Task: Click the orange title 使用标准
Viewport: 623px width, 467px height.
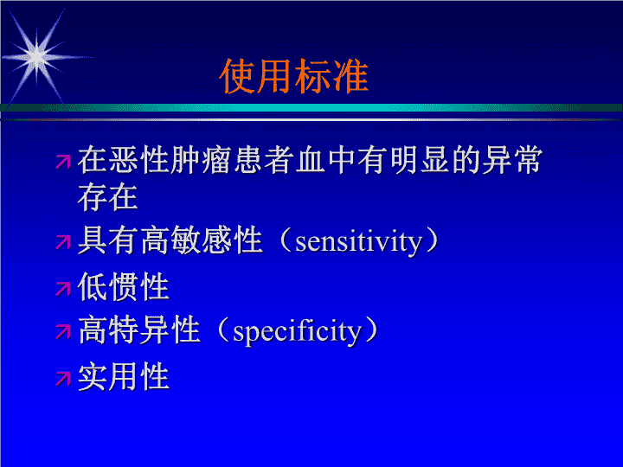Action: tap(293, 76)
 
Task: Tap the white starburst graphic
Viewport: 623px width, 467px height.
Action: tap(37, 58)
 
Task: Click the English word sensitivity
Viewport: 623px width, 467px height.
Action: tap(358, 241)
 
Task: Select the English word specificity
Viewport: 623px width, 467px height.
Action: tap(297, 331)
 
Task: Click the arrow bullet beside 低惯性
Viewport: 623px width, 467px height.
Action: tap(63, 289)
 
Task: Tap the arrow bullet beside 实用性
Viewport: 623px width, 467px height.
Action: tap(63, 379)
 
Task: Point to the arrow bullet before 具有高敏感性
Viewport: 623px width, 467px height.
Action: tap(63, 242)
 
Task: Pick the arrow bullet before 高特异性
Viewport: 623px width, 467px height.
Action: tap(63, 331)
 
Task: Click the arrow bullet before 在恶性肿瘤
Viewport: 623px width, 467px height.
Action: tap(63, 162)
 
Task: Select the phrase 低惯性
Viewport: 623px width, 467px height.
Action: tap(124, 287)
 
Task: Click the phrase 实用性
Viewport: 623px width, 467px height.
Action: tap(124, 376)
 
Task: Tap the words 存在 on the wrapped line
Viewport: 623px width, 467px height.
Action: tap(107, 197)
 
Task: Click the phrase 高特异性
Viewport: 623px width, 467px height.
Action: tap(138, 329)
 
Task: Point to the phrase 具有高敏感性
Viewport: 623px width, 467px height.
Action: tap(170, 240)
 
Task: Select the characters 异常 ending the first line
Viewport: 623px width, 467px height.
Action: tap(512, 160)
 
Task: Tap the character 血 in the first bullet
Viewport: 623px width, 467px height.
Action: tap(310, 160)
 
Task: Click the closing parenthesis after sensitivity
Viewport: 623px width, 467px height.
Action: tap(432, 240)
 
